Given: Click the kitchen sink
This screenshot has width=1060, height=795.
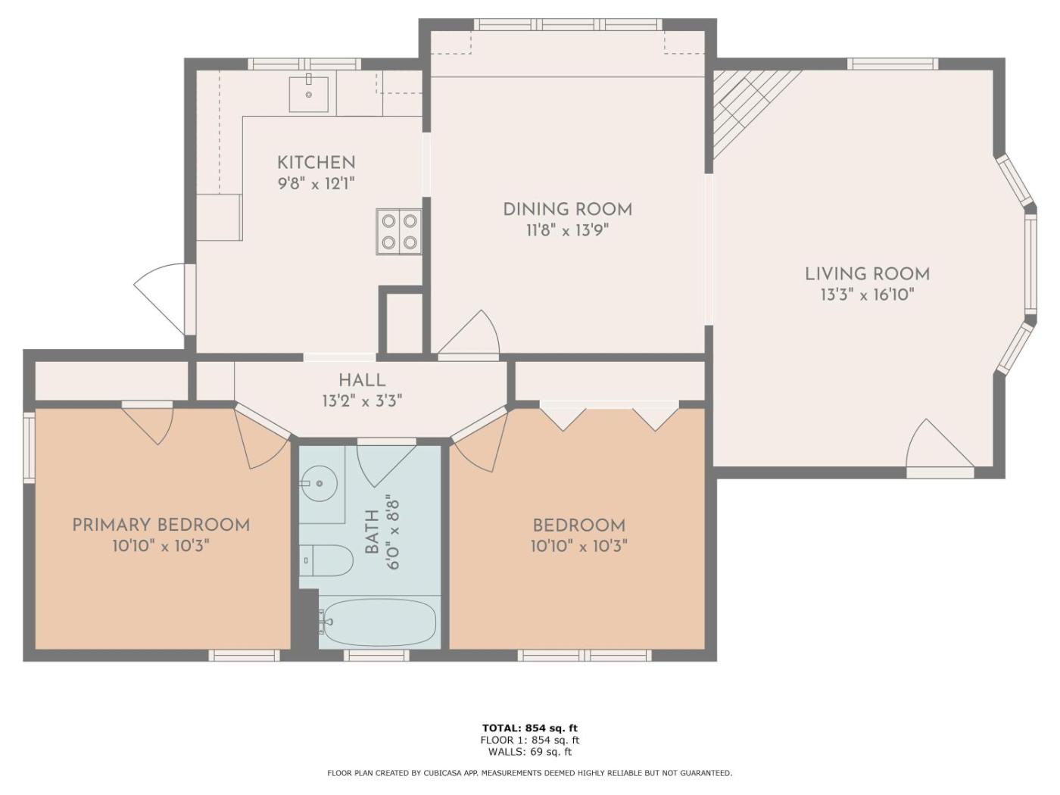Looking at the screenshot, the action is click(x=309, y=94).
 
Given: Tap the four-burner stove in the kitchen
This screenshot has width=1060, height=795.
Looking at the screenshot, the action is click(x=399, y=232).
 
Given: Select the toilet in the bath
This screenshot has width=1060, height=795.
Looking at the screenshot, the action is click(x=326, y=560).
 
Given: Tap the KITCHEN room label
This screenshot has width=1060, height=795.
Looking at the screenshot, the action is click(x=316, y=163).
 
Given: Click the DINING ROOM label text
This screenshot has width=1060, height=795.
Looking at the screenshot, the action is click(x=567, y=210).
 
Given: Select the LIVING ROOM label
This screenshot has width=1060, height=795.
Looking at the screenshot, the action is click(x=868, y=274).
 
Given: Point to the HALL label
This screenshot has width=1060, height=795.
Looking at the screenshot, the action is click(x=362, y=380).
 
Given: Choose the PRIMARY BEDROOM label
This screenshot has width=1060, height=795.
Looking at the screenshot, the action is click(x=161, y=525).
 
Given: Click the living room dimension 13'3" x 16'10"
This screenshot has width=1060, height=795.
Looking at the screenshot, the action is click(x=868, y=295).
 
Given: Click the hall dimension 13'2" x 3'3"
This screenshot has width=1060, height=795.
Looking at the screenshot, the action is click(x=362, y=401).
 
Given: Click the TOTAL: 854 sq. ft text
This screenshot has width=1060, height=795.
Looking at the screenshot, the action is click(x=530, y=728).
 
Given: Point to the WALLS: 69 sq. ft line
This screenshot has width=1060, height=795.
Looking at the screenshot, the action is click(x=530, y=752).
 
